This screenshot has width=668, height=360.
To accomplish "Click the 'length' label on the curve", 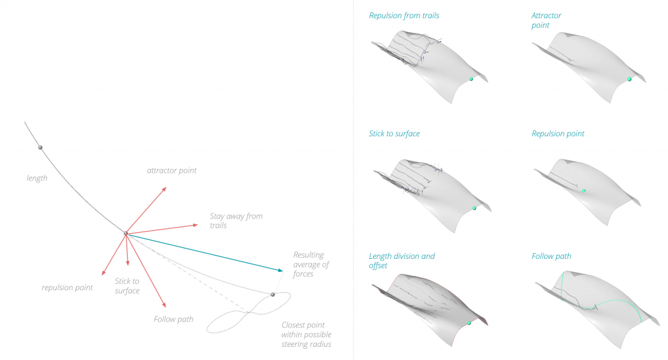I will click(x=37, y=178).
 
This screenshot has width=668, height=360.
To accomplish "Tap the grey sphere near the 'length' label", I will click(x=40, y=147).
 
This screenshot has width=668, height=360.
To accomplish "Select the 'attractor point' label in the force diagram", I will click(x=172, y=171).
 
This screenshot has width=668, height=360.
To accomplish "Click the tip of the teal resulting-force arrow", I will click(x=283, y=270).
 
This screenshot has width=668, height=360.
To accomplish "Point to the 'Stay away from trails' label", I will click(x=235, y=220).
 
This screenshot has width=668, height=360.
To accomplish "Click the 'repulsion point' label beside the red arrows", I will click(x=67, y=288).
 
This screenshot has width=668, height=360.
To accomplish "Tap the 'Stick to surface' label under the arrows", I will click(x=127, y=286).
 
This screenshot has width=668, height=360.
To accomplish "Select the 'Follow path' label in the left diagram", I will click(x=174, y=319).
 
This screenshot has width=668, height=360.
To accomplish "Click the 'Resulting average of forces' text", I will click(x=311, y=264).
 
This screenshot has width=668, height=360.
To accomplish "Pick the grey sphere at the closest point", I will click(x=273, y=295).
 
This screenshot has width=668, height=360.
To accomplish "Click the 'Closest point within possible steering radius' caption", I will click(x=307, y=335).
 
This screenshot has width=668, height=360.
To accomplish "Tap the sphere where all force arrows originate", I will click(x=126, y=233).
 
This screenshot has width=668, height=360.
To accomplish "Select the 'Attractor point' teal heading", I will click(x=546, y=20).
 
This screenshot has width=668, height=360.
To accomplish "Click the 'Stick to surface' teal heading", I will click(x=394, y=134).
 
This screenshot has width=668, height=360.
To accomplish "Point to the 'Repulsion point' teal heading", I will click(x=558, y=134).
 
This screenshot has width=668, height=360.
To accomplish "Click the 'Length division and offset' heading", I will click(x=401, y=261).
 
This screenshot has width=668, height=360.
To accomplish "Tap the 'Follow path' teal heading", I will click(x=551, y=256).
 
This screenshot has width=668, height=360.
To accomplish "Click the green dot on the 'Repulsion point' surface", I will click(x=584, y=191).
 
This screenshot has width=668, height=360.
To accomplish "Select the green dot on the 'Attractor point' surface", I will click(x=630, y=79).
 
